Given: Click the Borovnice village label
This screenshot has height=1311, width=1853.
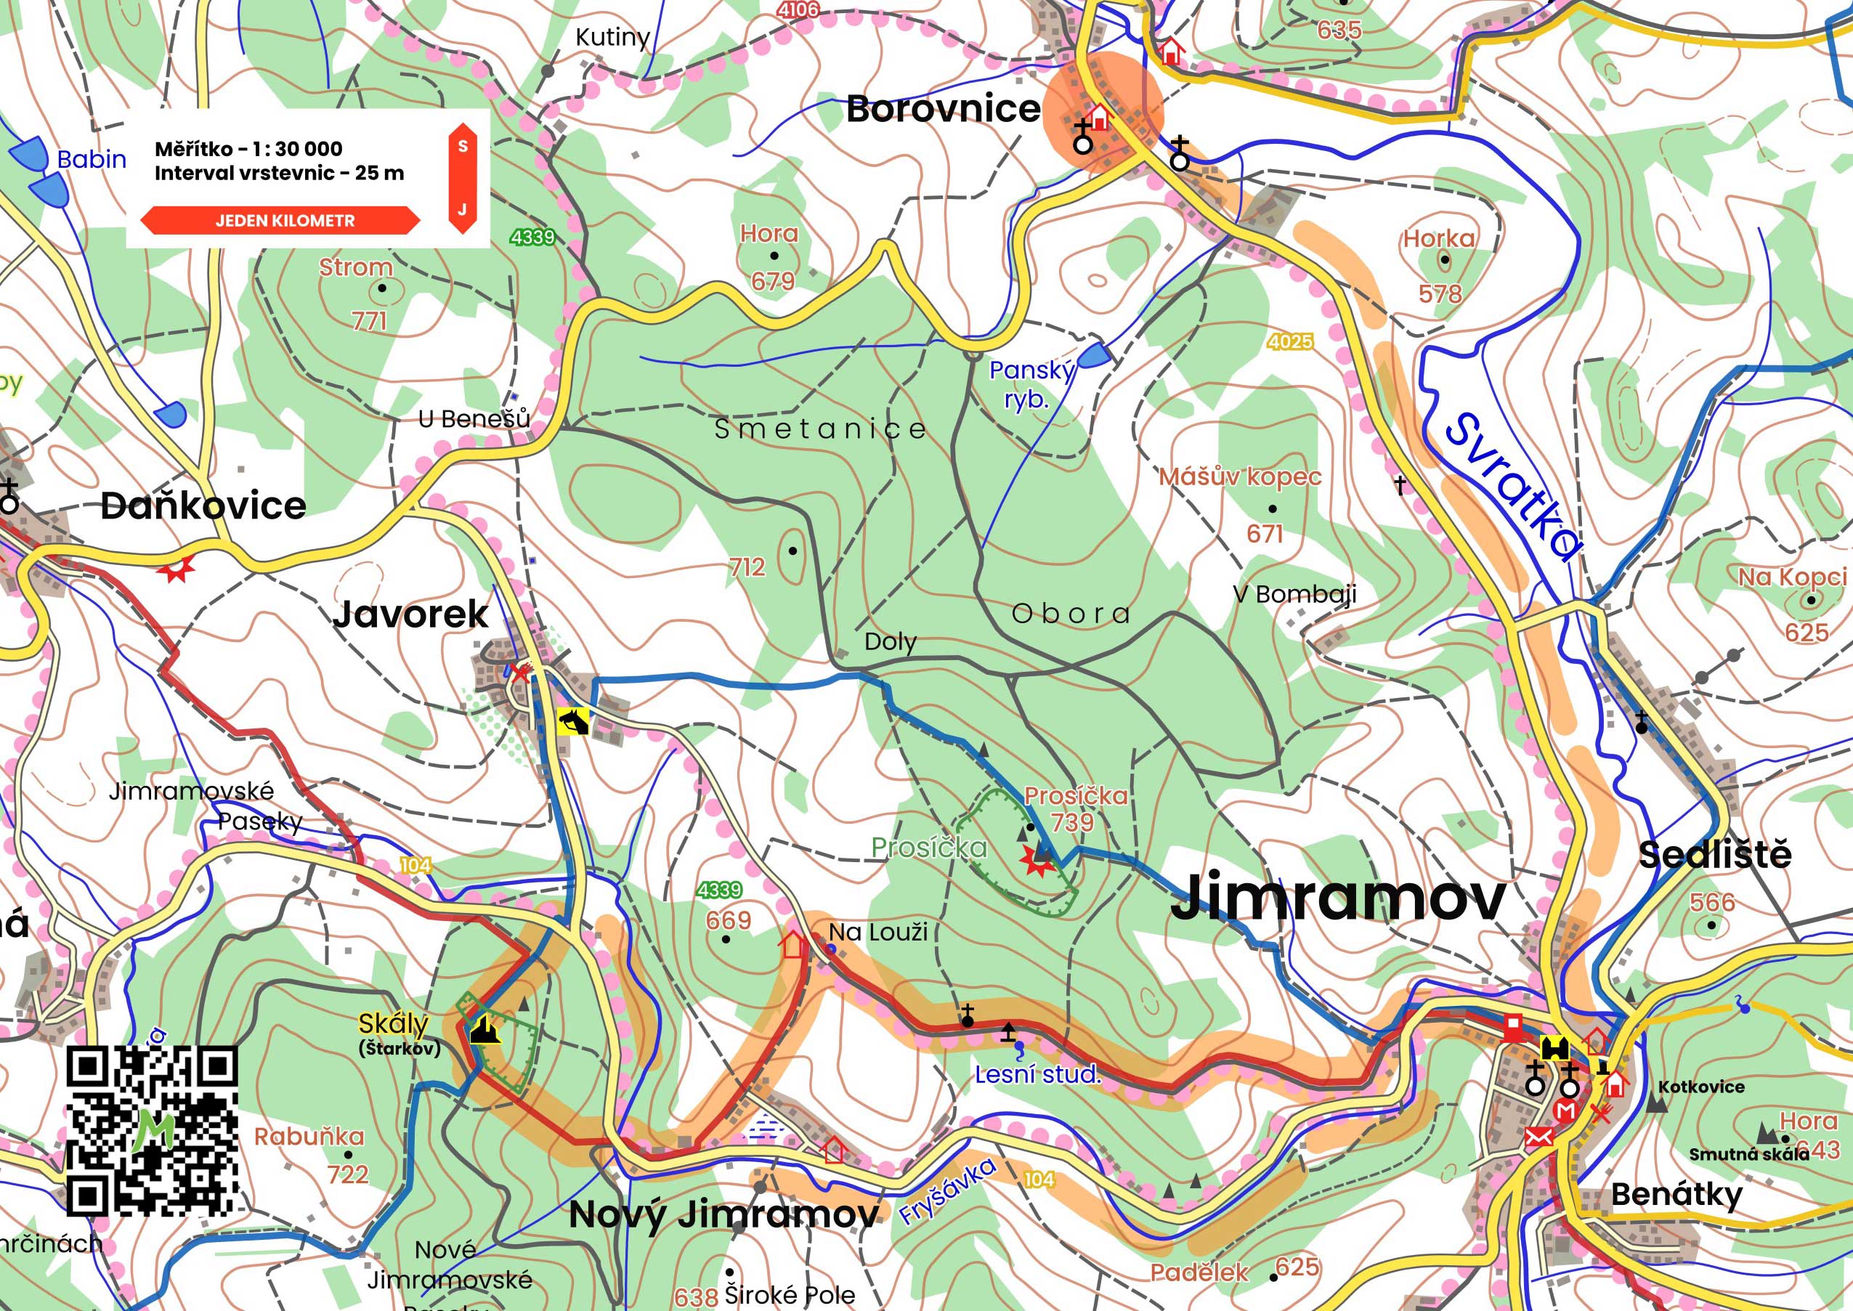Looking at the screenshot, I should (x=943, y=109).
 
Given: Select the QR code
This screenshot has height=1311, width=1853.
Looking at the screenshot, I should (x=152, y=1130).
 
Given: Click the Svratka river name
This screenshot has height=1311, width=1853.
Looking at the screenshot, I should (x=1512, y=487).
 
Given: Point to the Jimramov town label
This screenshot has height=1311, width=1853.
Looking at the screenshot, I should (x=1338, y=898).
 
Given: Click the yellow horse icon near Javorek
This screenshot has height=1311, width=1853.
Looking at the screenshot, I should (x=573, y=721).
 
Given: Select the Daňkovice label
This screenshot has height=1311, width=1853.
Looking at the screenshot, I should (x=203, y=507).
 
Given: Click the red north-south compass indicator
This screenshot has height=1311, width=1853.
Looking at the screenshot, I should (x=462, y=179).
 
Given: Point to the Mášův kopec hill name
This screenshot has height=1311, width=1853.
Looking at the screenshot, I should (x=1239, y=477).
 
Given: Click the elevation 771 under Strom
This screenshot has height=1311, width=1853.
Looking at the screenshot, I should (x=369, y=321).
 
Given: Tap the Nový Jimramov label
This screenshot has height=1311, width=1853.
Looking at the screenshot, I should (x=723, y=1214).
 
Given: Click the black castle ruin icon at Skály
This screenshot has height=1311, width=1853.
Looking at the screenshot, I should (x=485, y=1030).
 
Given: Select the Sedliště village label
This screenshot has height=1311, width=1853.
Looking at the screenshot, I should (x=1715, y=855).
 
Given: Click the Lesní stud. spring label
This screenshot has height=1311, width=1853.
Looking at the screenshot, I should (x=1037, y=1075).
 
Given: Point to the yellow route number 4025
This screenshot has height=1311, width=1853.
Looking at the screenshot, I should (x=1289, y=341).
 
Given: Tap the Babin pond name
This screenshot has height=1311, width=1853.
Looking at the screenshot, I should (x=92, y=160).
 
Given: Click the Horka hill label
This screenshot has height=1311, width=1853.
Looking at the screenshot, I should (x=1438, y=238).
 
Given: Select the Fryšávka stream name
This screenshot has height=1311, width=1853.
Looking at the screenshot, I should (x=948, y=1190).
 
